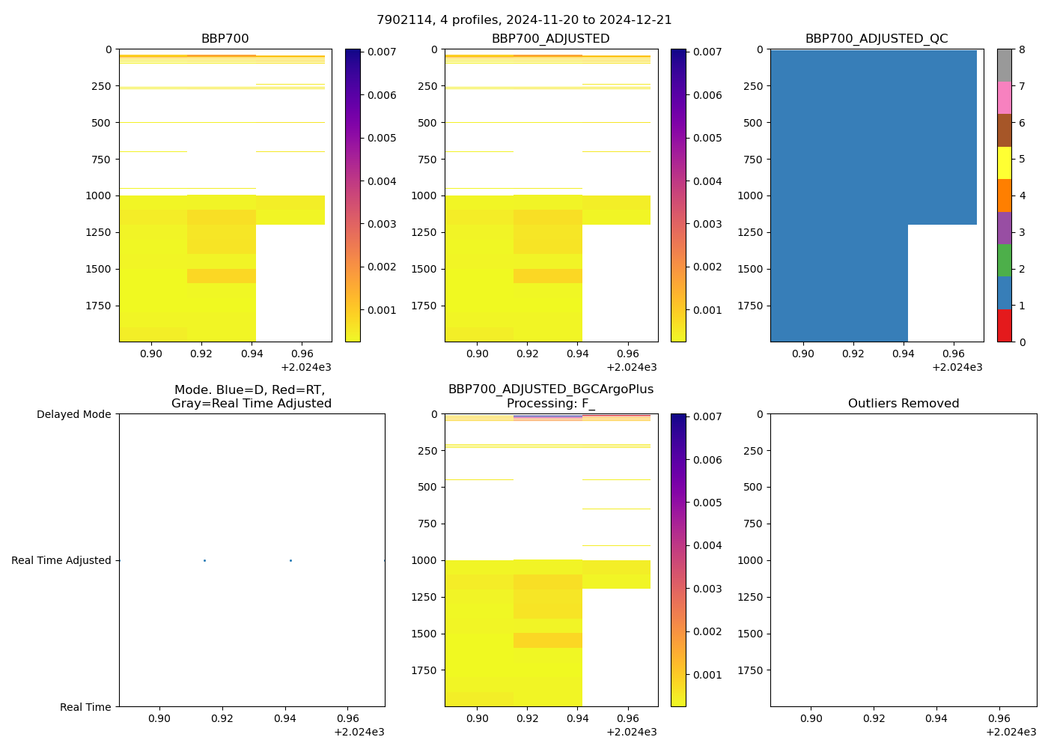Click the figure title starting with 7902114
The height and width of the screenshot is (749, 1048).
point(524,20)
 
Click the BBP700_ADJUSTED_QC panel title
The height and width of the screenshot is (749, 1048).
point(877,39)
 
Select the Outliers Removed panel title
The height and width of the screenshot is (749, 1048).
point(904,404)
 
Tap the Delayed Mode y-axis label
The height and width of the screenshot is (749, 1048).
point(73,414)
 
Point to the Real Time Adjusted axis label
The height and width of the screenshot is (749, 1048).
point(61,560)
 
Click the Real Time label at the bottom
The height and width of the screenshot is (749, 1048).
point(85,707)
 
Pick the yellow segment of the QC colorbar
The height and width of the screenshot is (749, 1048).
point(1005,163)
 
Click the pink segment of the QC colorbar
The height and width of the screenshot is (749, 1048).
point(1005,97)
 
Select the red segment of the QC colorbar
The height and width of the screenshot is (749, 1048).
point(1005,326)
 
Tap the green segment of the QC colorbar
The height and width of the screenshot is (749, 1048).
point(1005,260)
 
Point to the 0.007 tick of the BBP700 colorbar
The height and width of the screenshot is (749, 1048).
point(382,52)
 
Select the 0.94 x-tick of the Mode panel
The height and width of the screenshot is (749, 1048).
point(285,719)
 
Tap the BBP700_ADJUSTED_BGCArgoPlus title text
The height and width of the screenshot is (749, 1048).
point(551,389)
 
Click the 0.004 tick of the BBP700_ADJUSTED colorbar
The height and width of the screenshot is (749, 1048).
point(707,181)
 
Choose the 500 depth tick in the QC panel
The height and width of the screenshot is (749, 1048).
point(752,123)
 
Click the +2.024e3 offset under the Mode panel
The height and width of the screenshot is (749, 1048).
point(359,733)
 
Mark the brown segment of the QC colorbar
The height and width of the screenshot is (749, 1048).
point(1005,130)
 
